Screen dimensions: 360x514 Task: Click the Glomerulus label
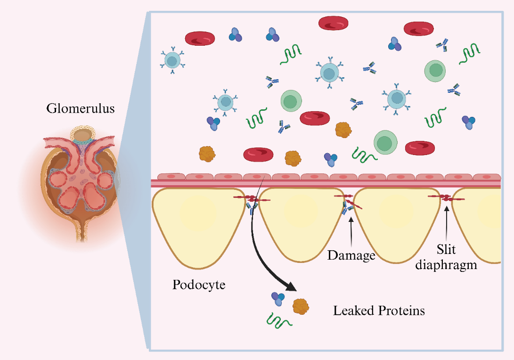pyautogui.click(x=80, y=109)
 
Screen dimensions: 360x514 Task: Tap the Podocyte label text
pyautogui.click(x=199, y=285)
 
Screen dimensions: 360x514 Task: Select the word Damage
pyautogui.click(x=351, y=255)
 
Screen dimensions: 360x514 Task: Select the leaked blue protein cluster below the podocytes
pyautogui.click(x=277, y=298)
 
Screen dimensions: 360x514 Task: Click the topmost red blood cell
pyautogui.click(x=333, y=23)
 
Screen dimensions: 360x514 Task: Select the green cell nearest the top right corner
pyautogui.click(x=435, y=70)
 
